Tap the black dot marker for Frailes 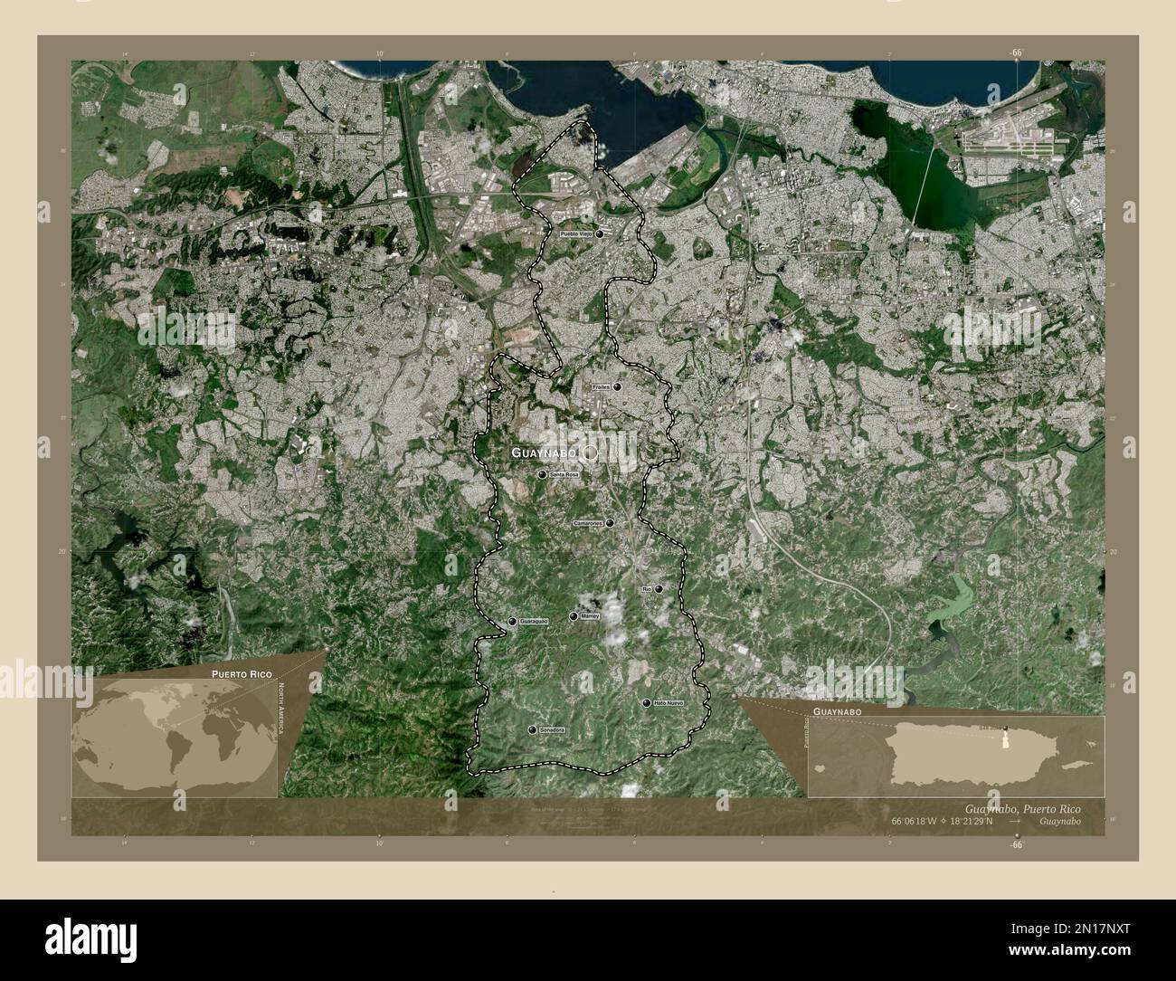click(x=617, y=386)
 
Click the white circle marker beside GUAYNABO click(x=591, y=452)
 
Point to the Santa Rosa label click(x=564, y=474)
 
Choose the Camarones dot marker click(x=611, y=523)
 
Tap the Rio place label click(x=646, y=589)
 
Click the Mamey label click(x=590, y=616)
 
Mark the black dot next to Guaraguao click(x=513, y=622)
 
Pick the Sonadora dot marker click(x=531, y=729)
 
